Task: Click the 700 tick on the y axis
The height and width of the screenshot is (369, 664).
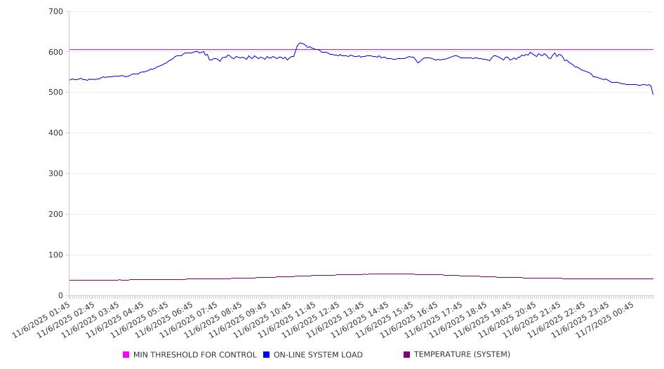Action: (56, 12)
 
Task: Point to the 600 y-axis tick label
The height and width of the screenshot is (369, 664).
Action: (56, 52)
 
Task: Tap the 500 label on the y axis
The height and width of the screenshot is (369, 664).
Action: (56, 93)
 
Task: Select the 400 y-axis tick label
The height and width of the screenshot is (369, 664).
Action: (56, 133)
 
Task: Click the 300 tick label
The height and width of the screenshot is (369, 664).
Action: (56, 174)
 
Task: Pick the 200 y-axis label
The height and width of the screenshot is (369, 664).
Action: (56, 215)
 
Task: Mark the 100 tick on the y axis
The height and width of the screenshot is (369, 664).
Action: (56, 255)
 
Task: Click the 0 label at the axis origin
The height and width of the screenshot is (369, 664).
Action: (61, 295)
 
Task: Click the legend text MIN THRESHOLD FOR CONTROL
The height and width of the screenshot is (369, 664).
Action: (194, 355)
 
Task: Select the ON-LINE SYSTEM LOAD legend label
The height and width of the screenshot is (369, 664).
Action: (318, 355)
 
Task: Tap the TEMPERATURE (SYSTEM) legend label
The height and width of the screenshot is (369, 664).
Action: (462, 355)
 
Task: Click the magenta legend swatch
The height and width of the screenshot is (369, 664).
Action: (126, 355)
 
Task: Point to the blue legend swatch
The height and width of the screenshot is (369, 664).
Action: (267, 355)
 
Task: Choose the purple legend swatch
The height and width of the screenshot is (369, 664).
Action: (407, 355)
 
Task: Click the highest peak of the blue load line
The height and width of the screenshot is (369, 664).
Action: (300, 43)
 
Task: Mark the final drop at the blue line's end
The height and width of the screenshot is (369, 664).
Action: (653, 93)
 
